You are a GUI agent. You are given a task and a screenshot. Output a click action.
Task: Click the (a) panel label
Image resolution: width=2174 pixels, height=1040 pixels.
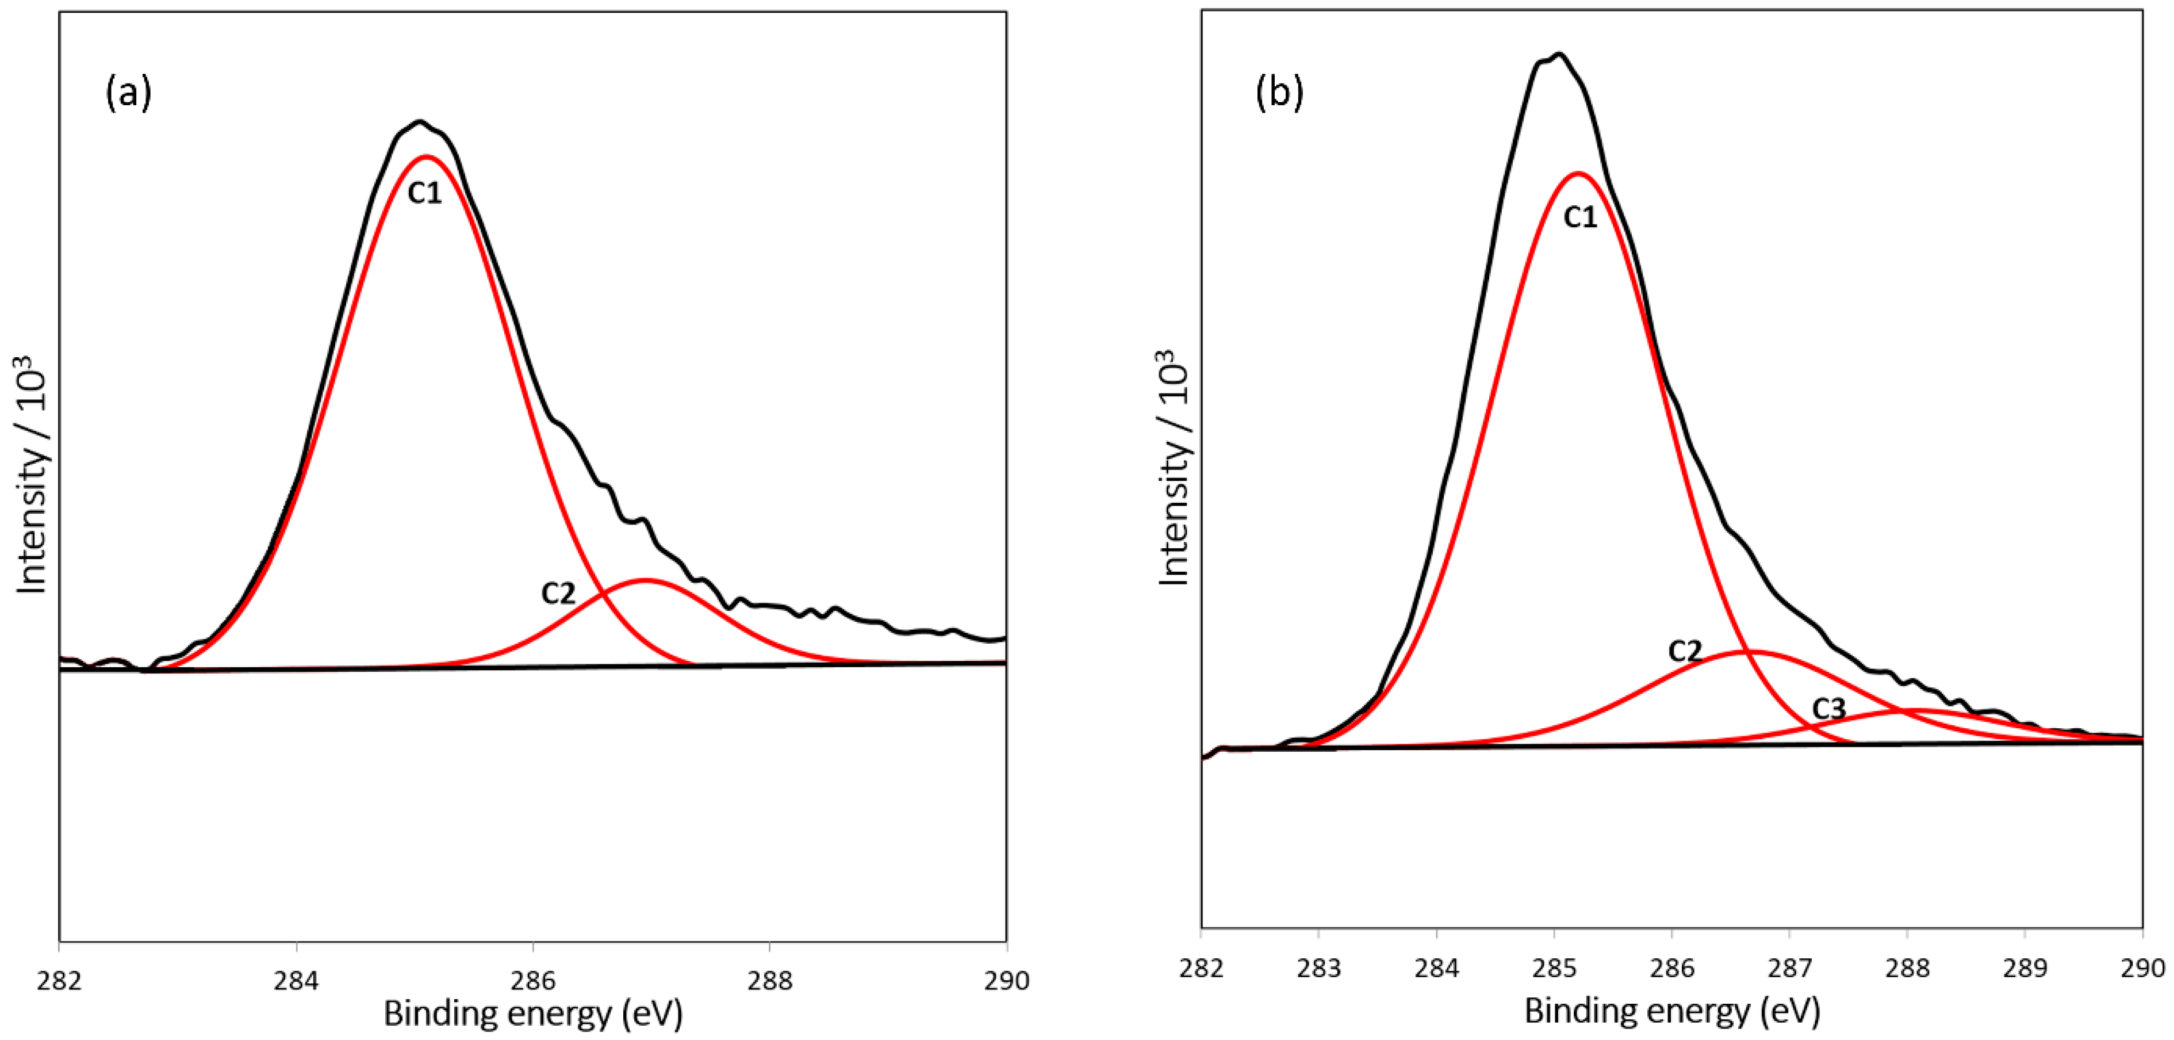click(128, 93)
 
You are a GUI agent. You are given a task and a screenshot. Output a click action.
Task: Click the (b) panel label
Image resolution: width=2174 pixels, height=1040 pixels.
click(1279, 93)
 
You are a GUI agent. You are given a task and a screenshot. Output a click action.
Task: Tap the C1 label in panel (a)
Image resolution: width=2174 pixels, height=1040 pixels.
click(424, 193)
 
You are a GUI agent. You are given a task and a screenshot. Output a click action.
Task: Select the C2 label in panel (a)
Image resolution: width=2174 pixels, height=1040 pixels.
click(558, 594)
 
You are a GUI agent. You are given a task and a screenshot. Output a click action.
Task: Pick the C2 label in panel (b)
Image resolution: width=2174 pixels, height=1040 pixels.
click(1685, 651)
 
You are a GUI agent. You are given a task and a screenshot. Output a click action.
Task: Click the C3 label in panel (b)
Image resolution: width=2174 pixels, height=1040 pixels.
click(1829, 709)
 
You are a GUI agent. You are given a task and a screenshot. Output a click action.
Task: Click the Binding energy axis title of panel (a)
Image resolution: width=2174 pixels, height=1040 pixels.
click(532, 1013)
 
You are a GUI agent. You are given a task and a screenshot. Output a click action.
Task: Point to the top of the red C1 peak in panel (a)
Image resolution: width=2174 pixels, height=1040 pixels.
click(426, 156)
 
